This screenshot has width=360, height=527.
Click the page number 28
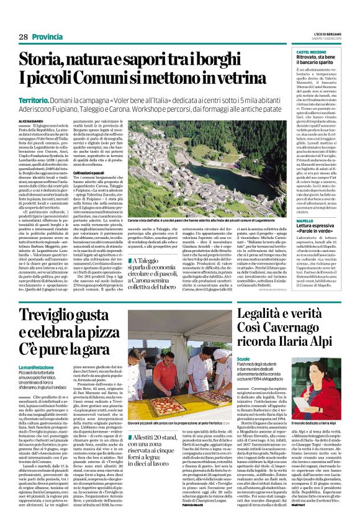23,37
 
